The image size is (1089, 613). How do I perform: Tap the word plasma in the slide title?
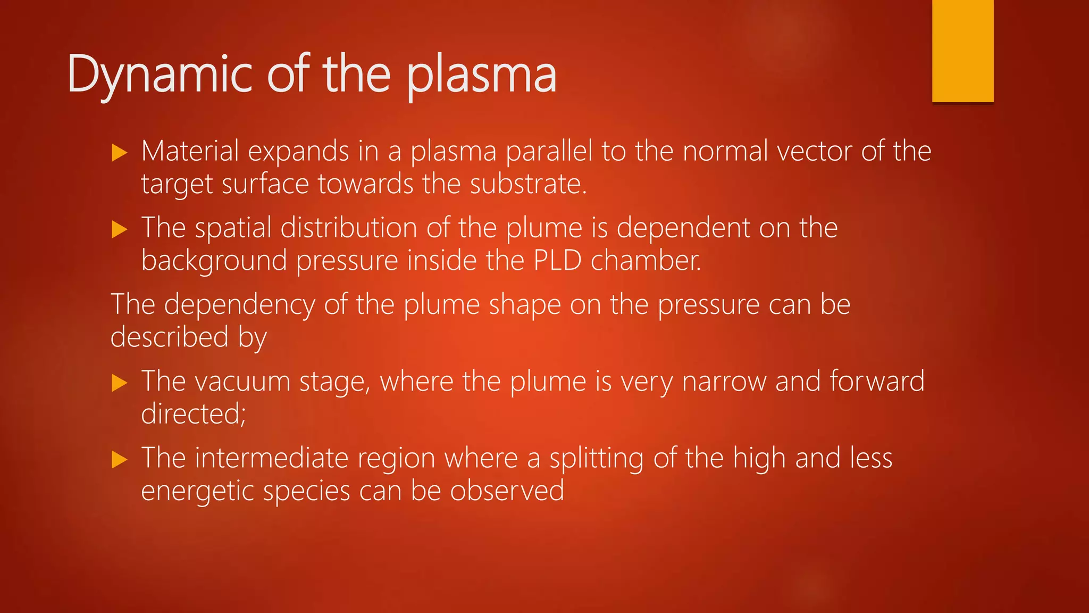(x=482, y=76)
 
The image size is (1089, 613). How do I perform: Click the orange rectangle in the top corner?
(x=962, y=51)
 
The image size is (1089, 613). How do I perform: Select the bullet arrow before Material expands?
(x=120, y=153)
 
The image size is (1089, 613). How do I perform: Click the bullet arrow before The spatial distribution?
(x=120, y=230)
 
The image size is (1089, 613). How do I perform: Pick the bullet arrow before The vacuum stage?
(x=120, y=383)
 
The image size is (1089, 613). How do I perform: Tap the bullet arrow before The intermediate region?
(x=120, y=460)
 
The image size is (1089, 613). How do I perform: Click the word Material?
(x=190, y=151)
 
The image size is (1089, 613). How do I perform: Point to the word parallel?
(x=549, y=151)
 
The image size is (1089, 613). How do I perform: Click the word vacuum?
(x=249, y=382)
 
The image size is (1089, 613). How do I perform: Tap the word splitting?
(x=597, y=459)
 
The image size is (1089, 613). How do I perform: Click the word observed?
(x=507, y=491)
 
